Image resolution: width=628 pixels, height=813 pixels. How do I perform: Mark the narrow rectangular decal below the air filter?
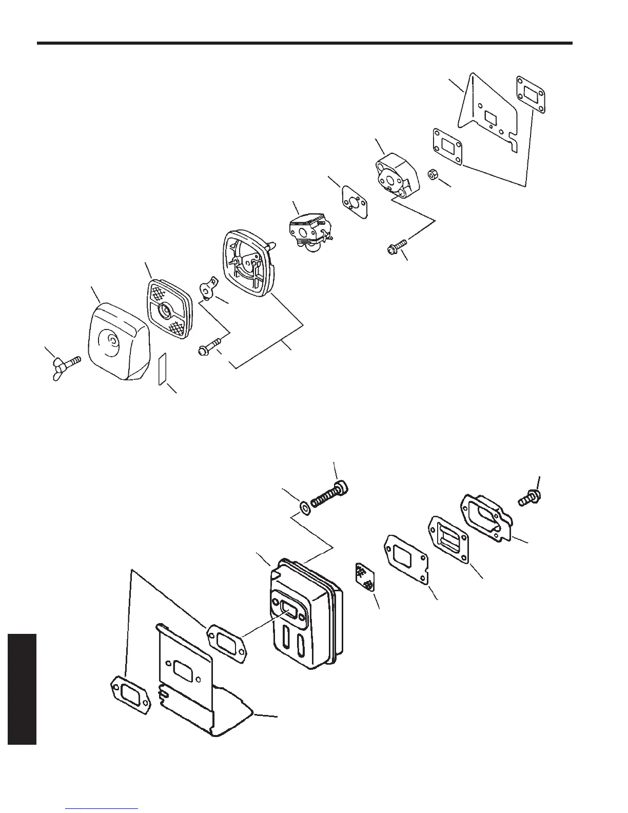tap(163, 367)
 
